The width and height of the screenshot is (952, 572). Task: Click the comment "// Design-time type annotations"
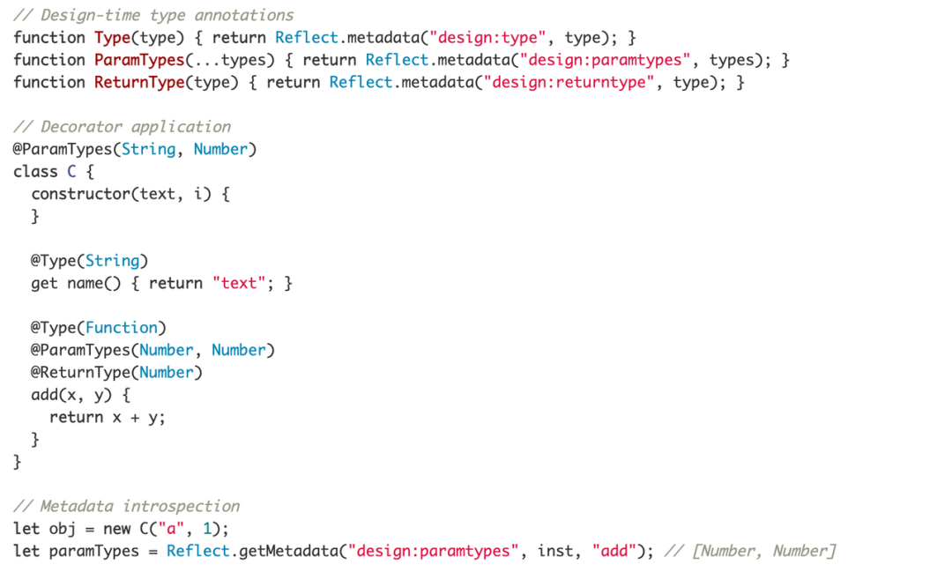[153, 15]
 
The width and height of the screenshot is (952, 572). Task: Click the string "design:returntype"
[569, 82]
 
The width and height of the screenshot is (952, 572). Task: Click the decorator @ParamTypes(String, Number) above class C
[135, 149]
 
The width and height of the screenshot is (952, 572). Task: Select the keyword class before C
[35, 172]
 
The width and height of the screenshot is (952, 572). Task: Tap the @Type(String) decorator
[90, 261]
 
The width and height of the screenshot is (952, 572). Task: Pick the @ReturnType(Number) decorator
[117, 373]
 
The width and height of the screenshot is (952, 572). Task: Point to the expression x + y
[139, 418]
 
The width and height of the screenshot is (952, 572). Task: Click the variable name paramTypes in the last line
[94, 552]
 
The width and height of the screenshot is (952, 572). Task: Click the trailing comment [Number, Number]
[763, 552]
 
